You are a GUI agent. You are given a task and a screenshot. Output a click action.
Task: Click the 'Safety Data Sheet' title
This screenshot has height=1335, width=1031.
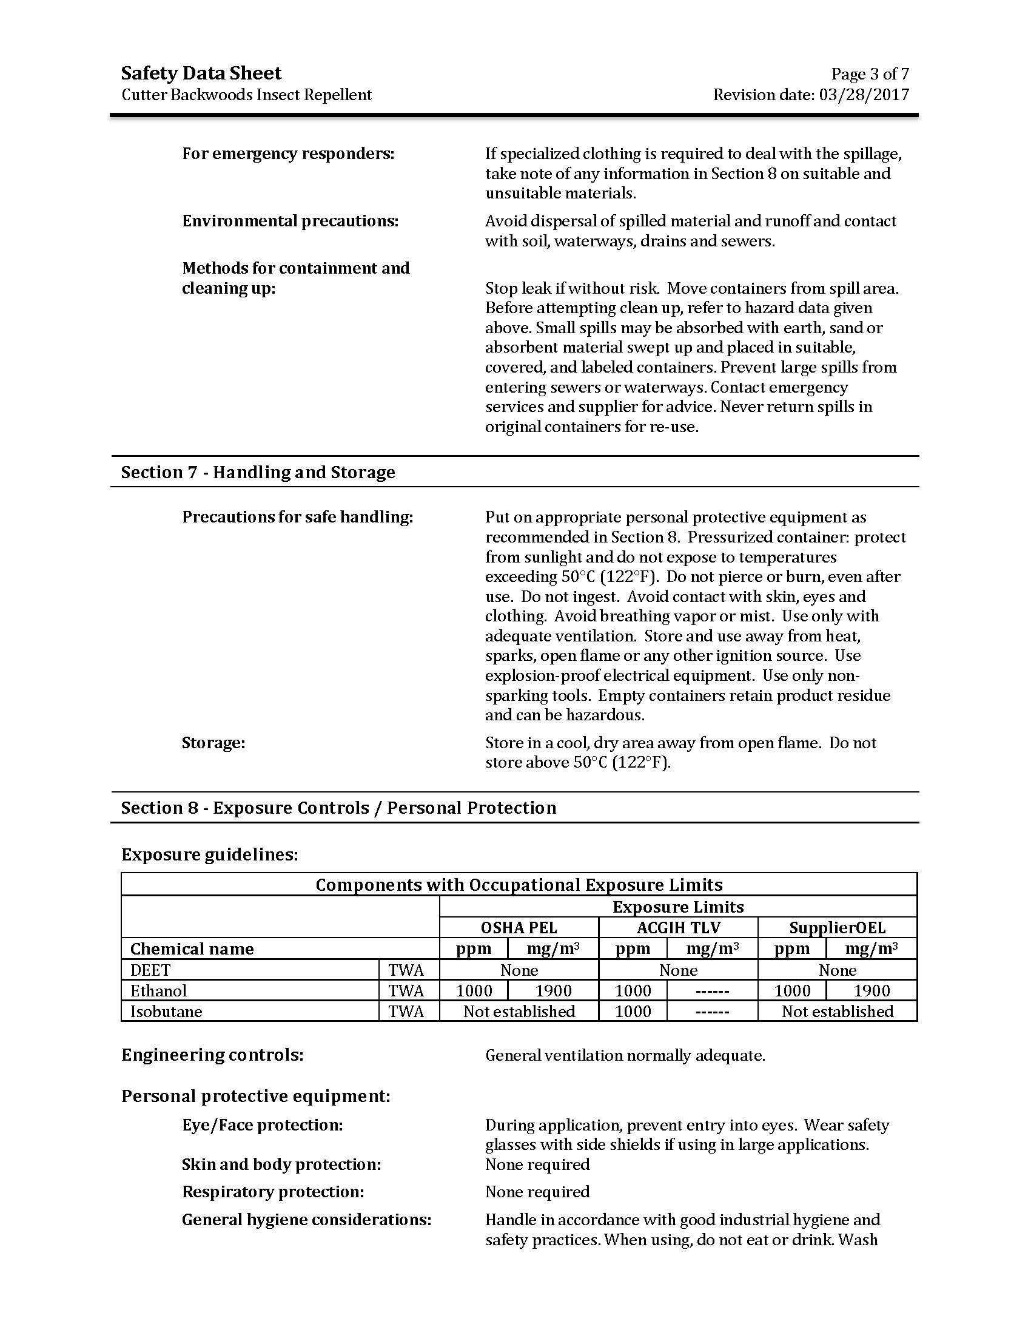pos(201,73)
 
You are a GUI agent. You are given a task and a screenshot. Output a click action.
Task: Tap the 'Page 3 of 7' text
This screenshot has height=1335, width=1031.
pos(869,74)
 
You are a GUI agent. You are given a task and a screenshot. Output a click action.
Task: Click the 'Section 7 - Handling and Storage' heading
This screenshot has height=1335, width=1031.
pos(258,472)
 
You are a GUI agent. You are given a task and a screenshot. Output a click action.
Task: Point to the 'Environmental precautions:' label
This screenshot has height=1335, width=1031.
pos(290,221)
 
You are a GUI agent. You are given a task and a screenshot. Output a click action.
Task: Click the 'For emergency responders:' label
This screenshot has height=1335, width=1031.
pos(288,154)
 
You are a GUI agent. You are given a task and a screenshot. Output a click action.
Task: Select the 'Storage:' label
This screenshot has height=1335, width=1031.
pos(213,743)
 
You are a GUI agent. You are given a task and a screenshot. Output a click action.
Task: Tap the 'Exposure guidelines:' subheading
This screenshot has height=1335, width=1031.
pos(209,854)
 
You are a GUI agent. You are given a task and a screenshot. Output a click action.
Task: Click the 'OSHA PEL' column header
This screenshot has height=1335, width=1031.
pos(519,928)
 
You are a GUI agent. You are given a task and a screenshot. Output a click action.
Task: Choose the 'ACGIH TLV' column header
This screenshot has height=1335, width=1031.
pos(678,928)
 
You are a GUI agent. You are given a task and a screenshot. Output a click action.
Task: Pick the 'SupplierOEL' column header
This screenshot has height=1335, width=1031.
pos(837,928)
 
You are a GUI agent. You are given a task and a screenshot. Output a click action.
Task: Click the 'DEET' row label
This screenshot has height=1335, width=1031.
pos(150,970)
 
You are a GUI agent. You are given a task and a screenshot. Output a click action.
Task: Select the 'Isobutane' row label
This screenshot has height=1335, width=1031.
pos(166,1011)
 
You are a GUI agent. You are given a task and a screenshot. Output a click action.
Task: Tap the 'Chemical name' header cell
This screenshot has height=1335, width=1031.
pos(192,948)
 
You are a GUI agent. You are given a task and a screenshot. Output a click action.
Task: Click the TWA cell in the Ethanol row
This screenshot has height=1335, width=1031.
pos(406,990)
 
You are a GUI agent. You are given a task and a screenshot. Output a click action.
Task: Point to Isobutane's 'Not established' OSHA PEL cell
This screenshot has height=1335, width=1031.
pos(519,1011)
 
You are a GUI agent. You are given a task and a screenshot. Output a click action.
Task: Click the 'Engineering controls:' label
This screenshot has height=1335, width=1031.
pos(212,1055)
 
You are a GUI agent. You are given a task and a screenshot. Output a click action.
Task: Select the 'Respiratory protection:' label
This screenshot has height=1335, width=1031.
pos(272,1191)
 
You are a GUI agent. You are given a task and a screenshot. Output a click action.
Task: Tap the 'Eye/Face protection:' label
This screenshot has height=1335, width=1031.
pos(262,1124)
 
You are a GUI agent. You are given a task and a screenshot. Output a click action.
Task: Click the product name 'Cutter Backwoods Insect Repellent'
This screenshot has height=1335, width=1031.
pos(246,95)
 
